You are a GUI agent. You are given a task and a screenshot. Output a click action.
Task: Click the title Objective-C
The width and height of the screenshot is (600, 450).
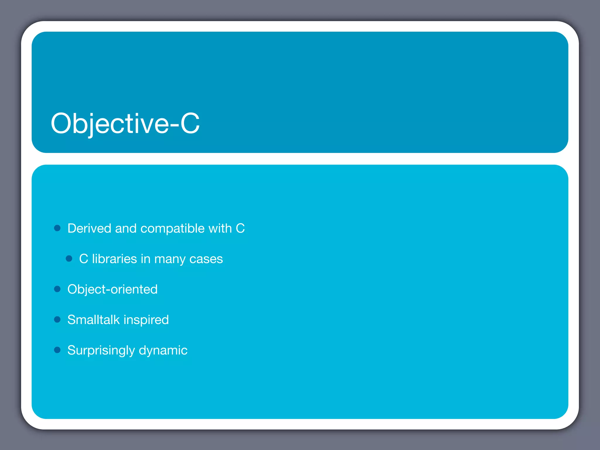[125, 123]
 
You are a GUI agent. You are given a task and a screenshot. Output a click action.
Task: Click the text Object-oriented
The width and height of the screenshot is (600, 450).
[112, 289]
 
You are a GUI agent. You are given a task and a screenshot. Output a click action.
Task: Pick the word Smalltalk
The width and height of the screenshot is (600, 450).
[93, 320]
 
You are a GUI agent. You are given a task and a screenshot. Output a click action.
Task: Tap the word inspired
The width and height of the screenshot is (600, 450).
[146, 320]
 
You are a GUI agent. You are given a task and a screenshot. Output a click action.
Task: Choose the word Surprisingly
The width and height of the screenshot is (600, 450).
[101, 350]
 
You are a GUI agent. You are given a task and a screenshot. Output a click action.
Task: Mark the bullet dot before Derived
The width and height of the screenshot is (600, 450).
[57, 228]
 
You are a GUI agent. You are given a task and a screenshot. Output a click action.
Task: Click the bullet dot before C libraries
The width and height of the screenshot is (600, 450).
[69, 258]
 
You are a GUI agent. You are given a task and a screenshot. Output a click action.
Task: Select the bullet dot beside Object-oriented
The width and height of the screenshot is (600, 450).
[57, 289]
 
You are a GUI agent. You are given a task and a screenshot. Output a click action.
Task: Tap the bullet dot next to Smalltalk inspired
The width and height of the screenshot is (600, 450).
[57, 319]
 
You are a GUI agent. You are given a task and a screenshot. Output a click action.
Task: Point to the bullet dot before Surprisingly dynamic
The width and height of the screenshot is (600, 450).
[57, 350]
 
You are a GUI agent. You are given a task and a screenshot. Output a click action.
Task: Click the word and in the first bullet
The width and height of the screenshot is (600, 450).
[126, 229]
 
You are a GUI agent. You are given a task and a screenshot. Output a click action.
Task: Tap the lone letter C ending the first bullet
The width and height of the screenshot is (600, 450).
[240, 229]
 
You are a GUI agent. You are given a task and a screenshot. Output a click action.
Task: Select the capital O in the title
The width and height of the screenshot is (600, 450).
[61, 123]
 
